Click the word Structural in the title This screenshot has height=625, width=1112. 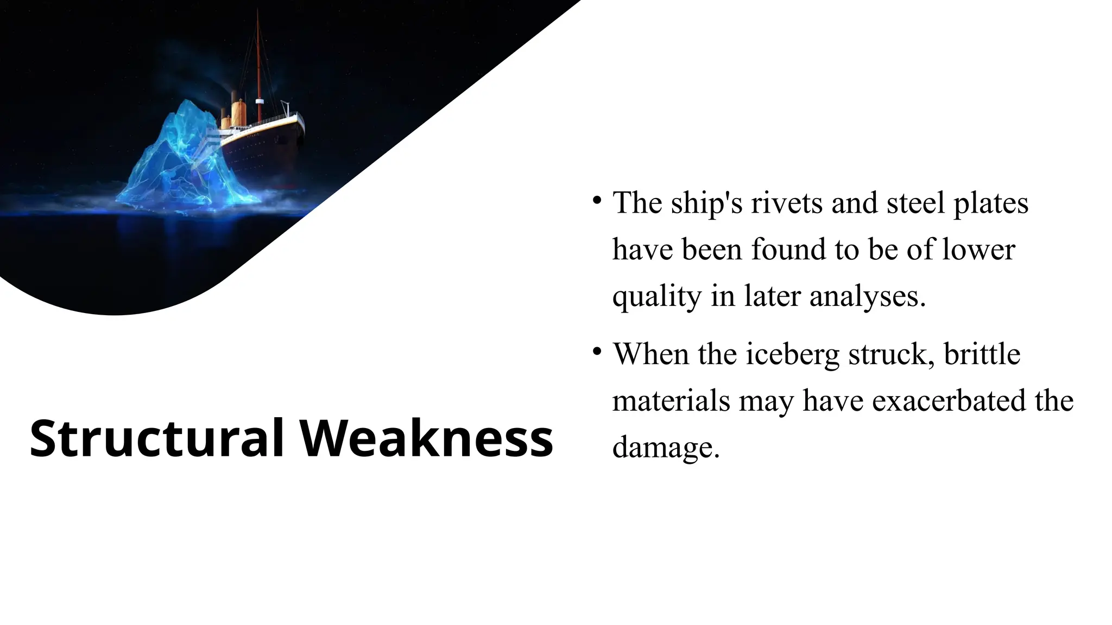[x=157, y=438]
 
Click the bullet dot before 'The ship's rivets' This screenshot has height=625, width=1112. [x=597, y=200]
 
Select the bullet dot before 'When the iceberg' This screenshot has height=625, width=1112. [x=597, y=351]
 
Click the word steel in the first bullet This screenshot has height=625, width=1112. [x=917, y=203]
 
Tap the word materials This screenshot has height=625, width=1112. [x=671, y=401]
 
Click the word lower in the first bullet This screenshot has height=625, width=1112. [x=978, y=250]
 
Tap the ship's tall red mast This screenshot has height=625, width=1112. [x=258, y=65]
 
